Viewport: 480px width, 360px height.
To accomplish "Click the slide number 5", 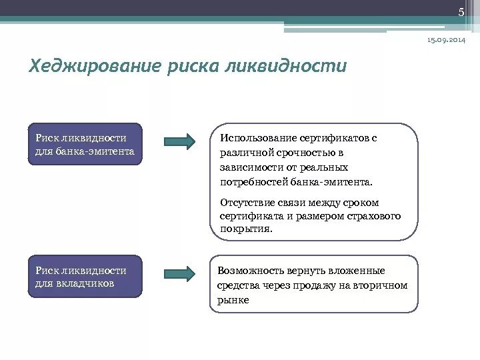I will [460, 13].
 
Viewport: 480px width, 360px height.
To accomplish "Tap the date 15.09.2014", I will [446, 41].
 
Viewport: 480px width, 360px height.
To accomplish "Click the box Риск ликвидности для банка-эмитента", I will [85, 144].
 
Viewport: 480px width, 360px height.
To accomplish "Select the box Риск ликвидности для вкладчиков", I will [85, 276].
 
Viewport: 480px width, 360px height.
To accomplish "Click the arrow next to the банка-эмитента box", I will [179, 141].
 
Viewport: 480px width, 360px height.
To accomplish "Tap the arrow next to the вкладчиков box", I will [179, 273].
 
